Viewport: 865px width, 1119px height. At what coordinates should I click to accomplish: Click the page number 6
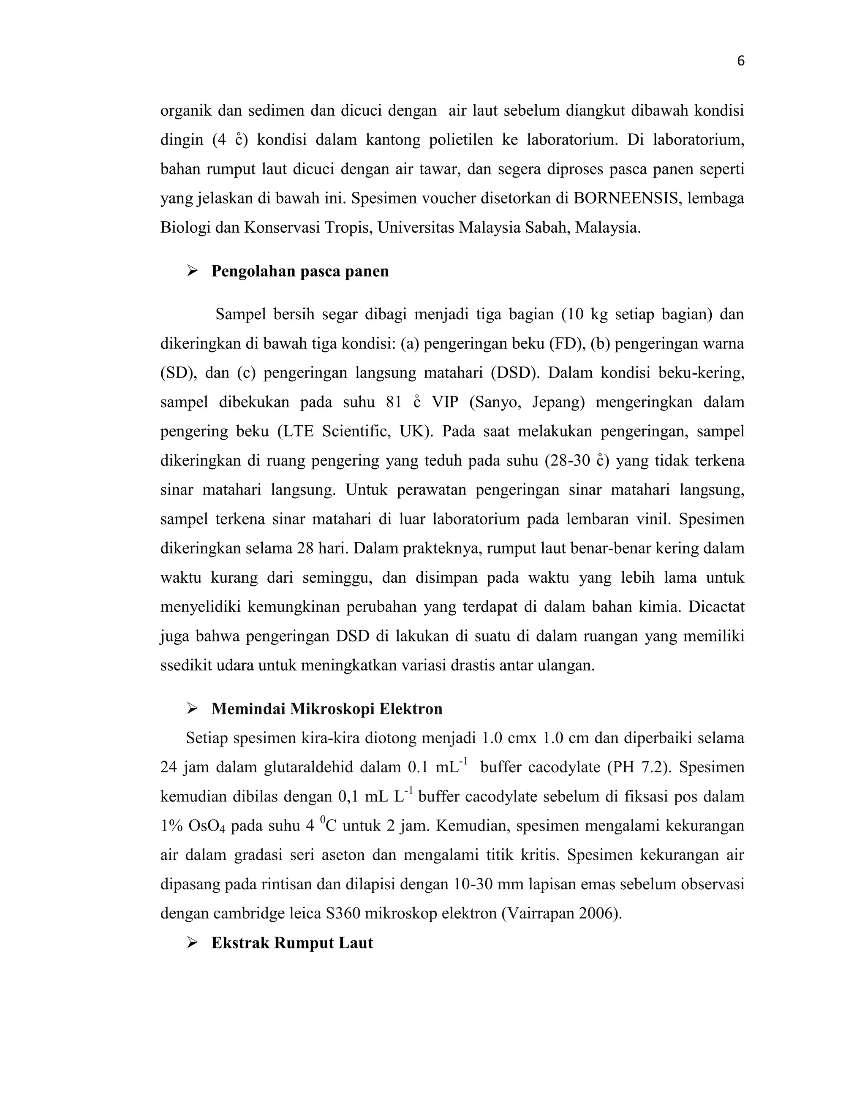[x=740, y=62]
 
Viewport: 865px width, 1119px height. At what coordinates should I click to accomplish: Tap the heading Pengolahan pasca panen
[x=300, y=271]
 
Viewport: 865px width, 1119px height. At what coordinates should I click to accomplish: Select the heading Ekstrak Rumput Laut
[x=292, y=943]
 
